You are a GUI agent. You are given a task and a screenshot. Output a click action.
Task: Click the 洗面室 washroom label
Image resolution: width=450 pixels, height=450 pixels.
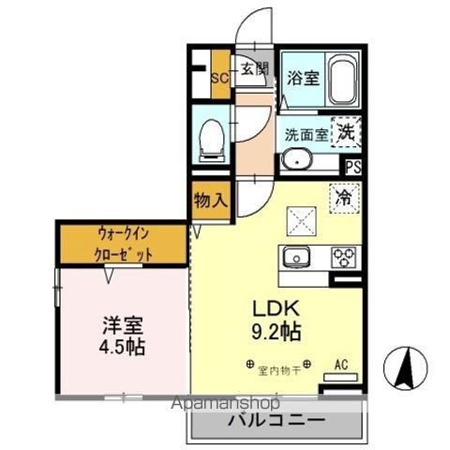point(307,134)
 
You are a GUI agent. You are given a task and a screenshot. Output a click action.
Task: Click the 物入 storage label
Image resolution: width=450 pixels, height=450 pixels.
point(211,201)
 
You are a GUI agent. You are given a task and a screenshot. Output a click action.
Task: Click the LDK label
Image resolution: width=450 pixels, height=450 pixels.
point(275,307)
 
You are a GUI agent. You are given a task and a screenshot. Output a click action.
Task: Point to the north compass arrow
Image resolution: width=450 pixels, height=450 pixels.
point(406,368)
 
